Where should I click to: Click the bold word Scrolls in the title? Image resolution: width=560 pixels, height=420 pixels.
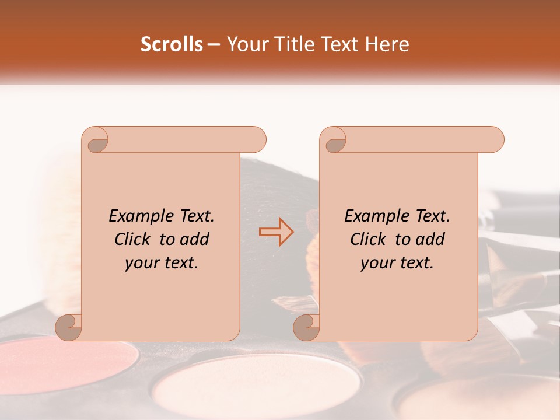[171, 44]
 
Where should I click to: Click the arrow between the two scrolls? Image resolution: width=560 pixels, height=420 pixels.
[276, 232]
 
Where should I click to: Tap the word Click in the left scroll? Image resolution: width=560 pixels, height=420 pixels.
[134, 239]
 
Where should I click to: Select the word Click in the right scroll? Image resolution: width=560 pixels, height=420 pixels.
[369, 239]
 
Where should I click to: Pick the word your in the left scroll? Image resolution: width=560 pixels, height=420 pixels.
[140, 264]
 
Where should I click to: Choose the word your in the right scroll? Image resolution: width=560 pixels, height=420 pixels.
[376, 264]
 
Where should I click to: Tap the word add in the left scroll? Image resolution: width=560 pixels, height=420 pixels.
[194, 239]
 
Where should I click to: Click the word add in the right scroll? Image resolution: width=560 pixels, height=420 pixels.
[430, 239]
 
